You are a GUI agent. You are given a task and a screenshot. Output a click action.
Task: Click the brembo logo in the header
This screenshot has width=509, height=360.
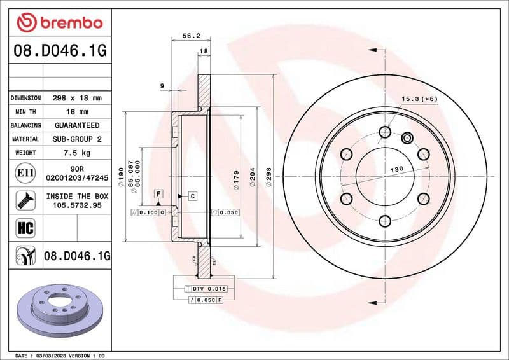click(59, 22)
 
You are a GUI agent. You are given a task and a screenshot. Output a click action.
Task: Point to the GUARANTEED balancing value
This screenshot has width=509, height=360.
click(77, 125)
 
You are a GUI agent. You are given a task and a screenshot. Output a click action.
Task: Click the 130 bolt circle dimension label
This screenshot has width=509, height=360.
click(396, 169)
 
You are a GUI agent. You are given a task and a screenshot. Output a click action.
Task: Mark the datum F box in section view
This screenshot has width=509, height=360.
click(158, 192)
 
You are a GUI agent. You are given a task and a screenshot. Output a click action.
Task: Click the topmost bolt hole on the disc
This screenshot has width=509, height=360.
click(384, 132)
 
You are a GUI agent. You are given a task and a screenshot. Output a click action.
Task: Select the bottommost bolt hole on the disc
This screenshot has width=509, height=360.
click(384, 221)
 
